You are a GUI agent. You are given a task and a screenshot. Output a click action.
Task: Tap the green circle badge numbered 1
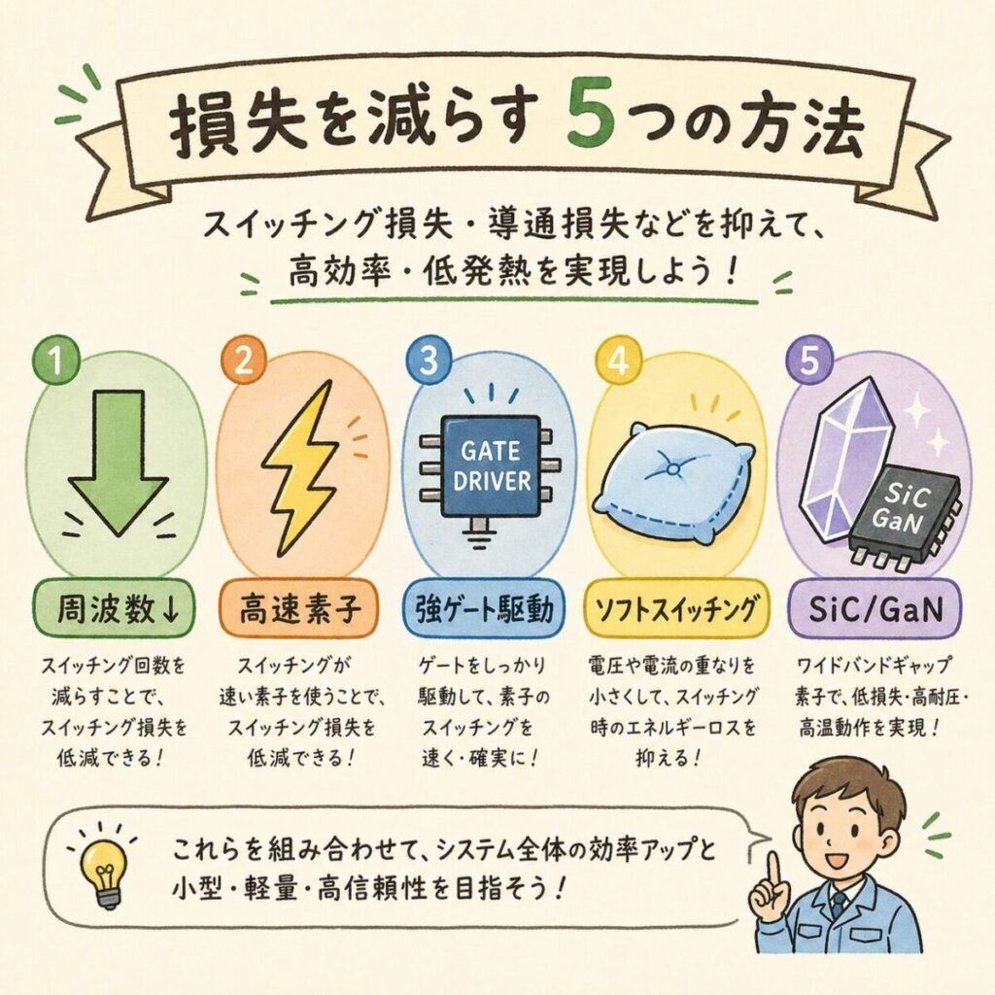point(56,360)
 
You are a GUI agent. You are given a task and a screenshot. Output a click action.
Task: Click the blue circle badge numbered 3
point(429,360)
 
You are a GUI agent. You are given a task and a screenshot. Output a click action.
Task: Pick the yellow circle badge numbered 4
point(617,360)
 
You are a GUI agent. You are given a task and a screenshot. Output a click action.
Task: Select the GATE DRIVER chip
point(491,466)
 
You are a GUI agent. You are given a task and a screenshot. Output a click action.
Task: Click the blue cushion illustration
point(671,486)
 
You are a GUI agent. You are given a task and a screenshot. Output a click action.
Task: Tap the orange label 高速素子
point(298,608)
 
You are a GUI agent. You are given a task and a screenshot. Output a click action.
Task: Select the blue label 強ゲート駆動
point(484,608)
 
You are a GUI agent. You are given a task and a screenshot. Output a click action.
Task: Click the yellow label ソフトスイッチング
point(675,608)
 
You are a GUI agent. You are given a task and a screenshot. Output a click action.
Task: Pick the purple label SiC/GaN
point(875,608)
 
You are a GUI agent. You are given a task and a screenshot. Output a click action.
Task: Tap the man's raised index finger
point(772,871)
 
